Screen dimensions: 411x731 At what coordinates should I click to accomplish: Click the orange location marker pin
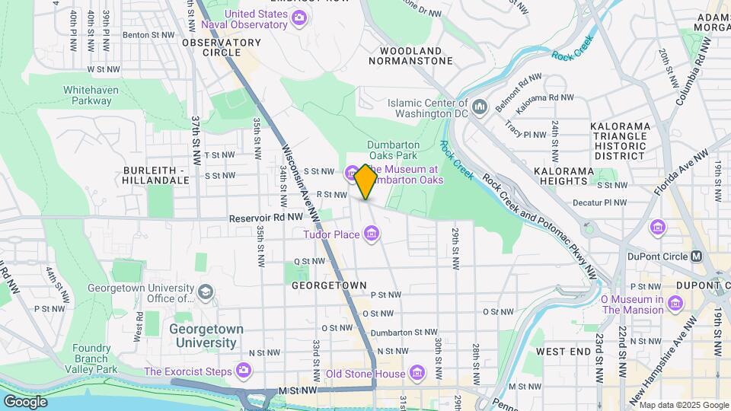pyautogui.click(x=365, y=181)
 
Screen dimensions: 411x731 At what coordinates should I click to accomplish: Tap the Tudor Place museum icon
pyautogui.click(x=371, y=233)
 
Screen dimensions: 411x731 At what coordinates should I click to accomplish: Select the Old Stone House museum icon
pyautogui.click(x=417, y=373)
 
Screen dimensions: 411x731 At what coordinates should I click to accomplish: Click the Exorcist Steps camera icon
pyautogui.click(x=244, y=371)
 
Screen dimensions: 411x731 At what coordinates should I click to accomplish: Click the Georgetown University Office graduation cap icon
pyautogui.click(x=205, y=292)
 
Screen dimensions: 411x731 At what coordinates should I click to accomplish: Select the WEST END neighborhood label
pyautogui.click(x=563, y=352)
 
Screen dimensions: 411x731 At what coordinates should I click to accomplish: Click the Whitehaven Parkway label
pyautogui.click(x=87, y=94)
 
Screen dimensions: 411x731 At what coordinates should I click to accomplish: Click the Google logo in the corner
pyautogui.click(x=25, y=402)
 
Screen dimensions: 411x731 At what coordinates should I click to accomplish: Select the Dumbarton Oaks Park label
pyautogui.click(x=393, y=151)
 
